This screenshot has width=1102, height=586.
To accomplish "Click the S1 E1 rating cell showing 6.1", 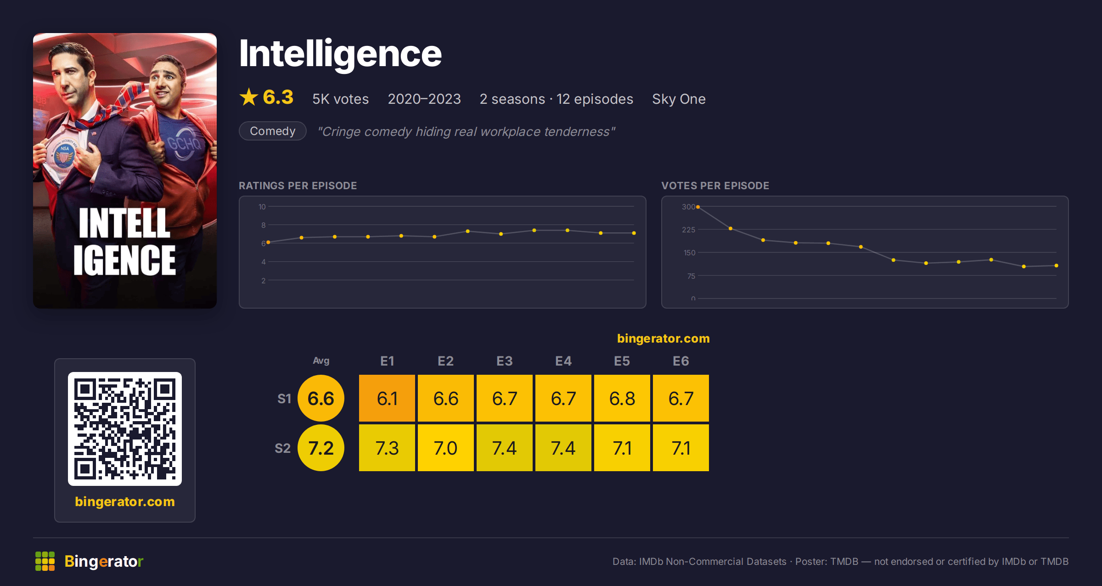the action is [x=387, y=398].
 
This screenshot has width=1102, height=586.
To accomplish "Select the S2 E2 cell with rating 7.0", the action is [x=446, y=448].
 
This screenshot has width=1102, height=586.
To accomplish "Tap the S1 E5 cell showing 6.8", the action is [x=622, y=398].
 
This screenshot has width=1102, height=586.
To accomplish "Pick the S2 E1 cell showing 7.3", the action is [x=387, y=448].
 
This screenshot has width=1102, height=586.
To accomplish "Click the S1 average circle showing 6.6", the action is [x=321, y=398].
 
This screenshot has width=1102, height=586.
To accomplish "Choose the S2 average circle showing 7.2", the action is [x=321, y=448].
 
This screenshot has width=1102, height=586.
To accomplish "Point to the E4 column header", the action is [x=563, y=361].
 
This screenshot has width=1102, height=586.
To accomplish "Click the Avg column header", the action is [x=321, y=361].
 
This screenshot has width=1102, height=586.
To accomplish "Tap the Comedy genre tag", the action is [x=273, y=131].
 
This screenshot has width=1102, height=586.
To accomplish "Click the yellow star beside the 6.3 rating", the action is [x=249, y=97].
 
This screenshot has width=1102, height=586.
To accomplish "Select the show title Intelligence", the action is [x=340, y=54].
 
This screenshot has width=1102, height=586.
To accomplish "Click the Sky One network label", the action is [x=679, y=99].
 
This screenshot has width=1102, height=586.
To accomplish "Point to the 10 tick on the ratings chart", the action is [x=262, y=207].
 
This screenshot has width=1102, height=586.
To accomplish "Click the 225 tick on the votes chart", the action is [x=688, y=230].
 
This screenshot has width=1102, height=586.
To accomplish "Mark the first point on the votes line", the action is [x=698, y=207].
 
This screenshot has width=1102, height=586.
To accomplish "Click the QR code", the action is [x=125, y=429].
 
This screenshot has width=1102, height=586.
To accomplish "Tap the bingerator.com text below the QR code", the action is [x=125, y=501].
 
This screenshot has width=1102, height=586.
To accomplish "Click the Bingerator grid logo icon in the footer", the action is [x=45, y=561].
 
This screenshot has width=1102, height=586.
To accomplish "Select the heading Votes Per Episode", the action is [x=715, y=186].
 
